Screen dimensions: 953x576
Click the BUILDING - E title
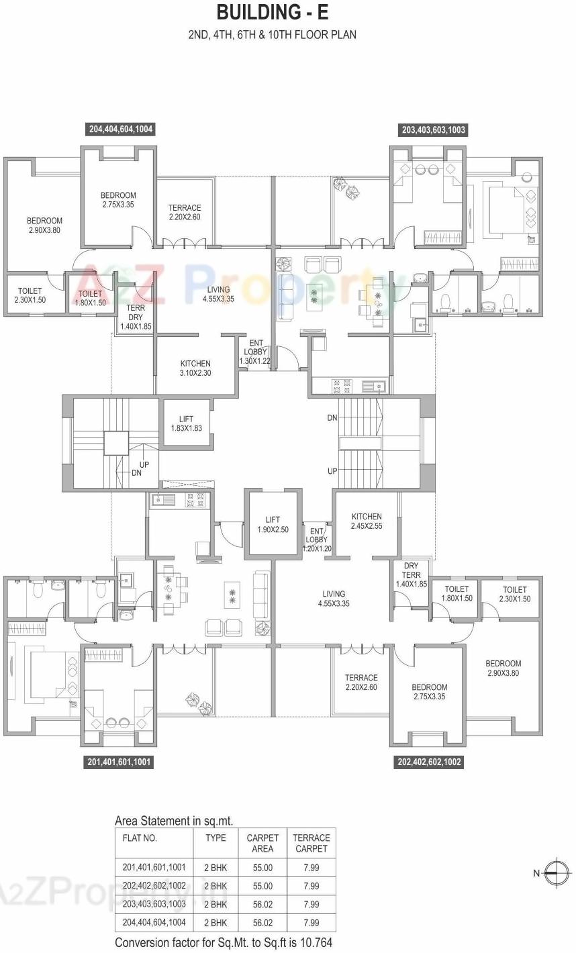[272, 12]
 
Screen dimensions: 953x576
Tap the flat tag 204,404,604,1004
[121, 130]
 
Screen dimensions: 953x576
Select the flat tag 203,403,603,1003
[433, 130]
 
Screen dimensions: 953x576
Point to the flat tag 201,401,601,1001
[119, 762]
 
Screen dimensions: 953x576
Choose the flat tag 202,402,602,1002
[429, 762]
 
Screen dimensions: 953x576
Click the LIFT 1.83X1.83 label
[187, 423]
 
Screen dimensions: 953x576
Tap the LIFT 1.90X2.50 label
[273, 524]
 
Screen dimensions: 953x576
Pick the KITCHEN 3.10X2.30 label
[195, 368]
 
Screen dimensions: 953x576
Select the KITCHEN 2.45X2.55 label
[367, 521]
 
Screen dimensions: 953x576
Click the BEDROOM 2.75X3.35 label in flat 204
[118, 200]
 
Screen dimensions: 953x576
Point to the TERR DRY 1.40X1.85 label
[136, 317]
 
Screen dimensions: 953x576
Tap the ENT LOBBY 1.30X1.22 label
[255, 352]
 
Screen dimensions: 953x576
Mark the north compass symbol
[557, 873]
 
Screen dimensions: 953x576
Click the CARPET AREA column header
[262, 843]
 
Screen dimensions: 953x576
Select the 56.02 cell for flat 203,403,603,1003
[262, 904]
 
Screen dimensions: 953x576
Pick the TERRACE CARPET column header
[311, 843]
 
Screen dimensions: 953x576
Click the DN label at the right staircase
[332, 418]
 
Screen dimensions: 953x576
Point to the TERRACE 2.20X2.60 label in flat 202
[361, 683]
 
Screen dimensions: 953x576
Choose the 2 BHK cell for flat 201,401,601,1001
[215, 868]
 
